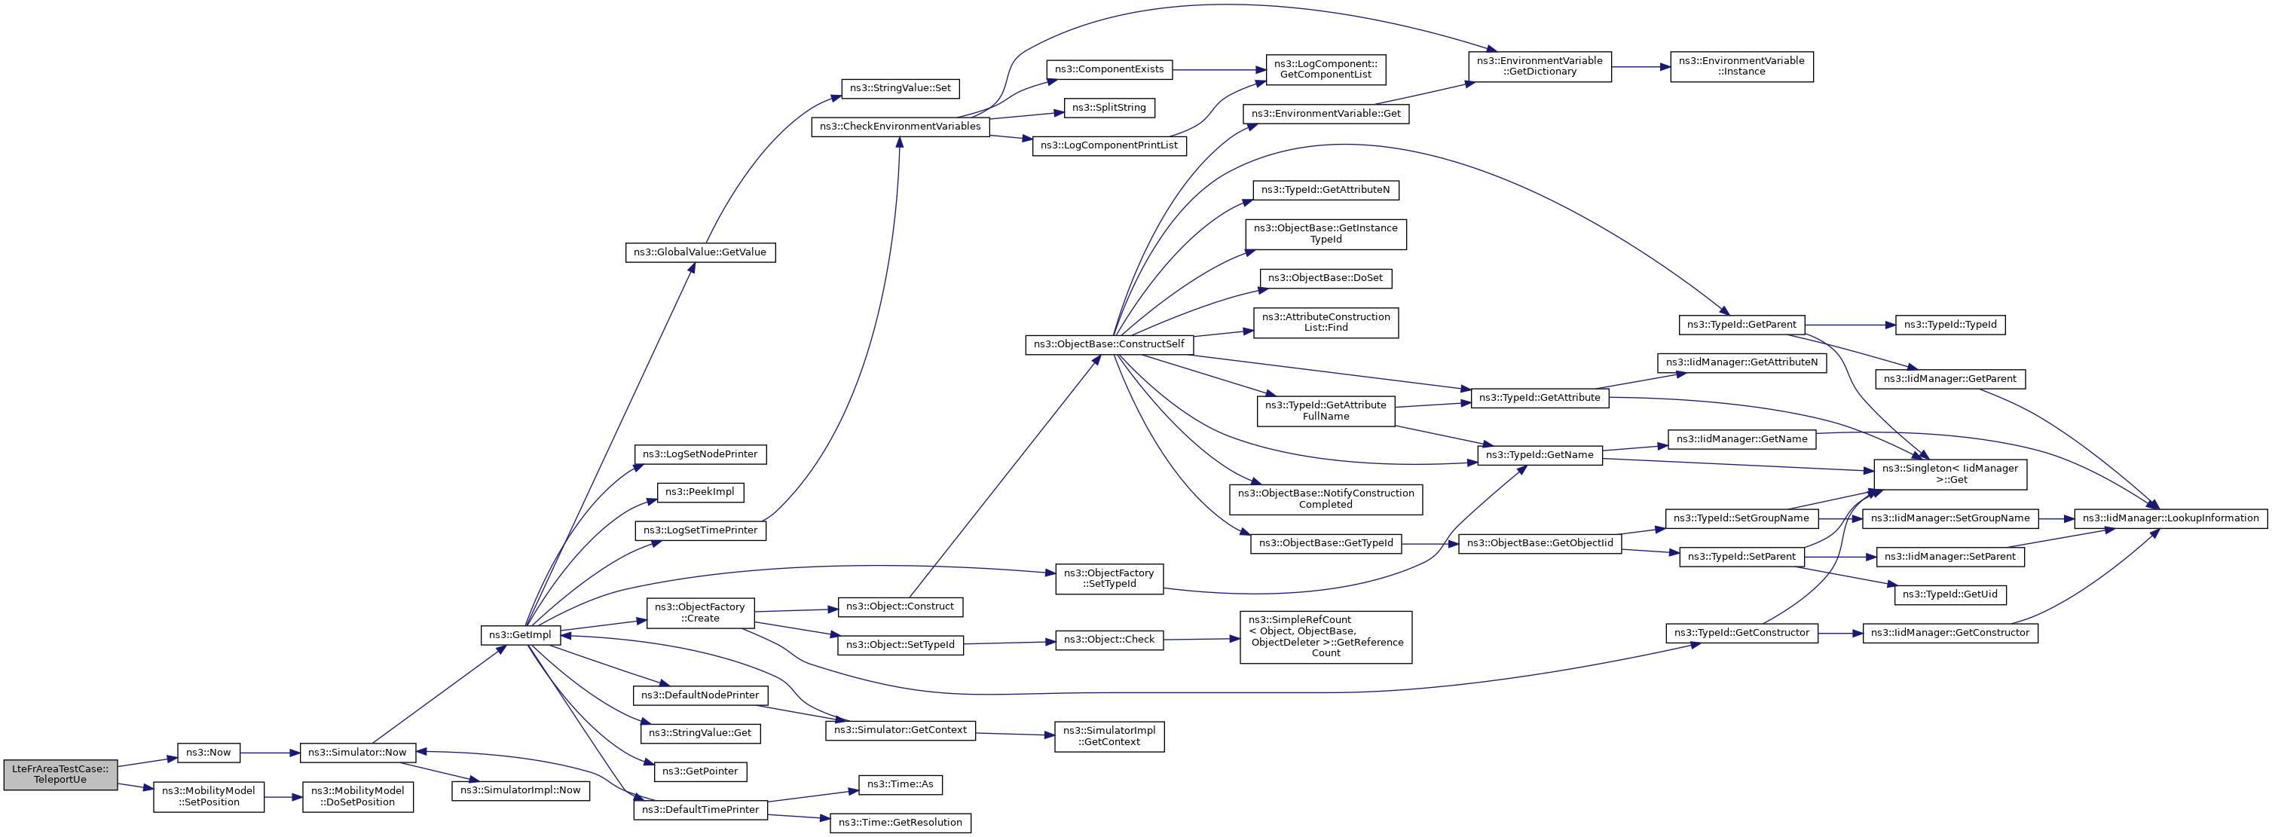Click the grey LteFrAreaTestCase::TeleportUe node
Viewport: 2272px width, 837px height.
[60, 774]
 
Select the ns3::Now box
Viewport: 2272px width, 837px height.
[209, 753]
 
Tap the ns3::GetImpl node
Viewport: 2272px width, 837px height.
[521, 635]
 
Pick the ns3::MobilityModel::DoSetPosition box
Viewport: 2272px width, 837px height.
[357, 796]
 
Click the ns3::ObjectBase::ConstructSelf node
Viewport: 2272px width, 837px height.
[1108, 344]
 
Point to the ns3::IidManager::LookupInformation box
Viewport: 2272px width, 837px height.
[2170, 518]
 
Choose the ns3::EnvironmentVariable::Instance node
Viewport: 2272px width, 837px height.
[1741, 66]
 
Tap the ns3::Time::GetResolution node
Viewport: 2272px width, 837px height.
[900, 822]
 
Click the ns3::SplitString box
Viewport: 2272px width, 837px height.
[1108, 108]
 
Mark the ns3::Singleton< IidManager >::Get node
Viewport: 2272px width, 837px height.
[1950, 475]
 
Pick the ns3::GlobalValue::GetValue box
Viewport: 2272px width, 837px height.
[700, 252]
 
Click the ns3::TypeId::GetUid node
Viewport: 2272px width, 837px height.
[1950, 594]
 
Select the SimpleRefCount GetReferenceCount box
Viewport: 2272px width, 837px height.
[1326, 637]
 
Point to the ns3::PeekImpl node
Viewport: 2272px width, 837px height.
[700, 492]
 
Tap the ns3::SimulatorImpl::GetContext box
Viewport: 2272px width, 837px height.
[1108, 737]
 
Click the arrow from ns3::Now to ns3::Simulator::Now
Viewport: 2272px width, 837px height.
[271, 753]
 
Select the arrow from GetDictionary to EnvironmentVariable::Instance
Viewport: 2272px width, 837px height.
[1641, 66]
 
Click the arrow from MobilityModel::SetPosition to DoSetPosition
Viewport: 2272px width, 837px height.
[283, 796]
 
